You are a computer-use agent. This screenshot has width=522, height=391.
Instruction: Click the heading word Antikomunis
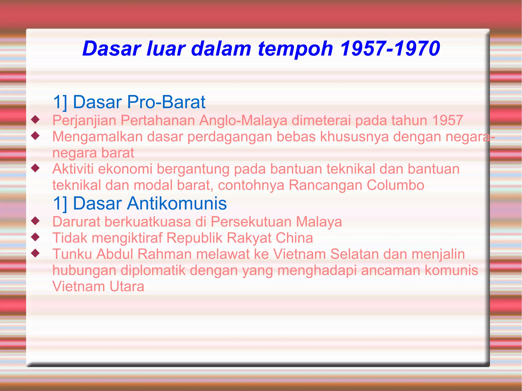[177, 204]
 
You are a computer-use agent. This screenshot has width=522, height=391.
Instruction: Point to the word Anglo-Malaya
[243, 120]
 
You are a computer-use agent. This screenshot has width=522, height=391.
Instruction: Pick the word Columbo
[395, 185]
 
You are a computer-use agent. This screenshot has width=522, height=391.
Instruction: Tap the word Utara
[127, 287]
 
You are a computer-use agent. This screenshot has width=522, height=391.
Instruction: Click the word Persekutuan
[251, 222]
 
